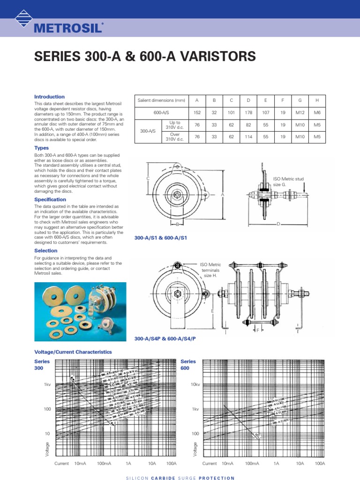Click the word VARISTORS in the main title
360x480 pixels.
tap(219, 57)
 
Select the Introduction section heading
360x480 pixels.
tap(50, 97)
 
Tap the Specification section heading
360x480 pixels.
tap(50, 199)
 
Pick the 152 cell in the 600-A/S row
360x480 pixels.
tap(197, 113)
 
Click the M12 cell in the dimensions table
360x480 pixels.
tap(300, 113)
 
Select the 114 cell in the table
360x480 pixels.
tap(248, 136)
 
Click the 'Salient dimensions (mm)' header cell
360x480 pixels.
tap(161, 101)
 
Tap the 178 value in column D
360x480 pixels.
tap(248, 113)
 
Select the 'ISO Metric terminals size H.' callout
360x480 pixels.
tap(210, 270)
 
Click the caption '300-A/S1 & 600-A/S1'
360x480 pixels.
tap(161, 238)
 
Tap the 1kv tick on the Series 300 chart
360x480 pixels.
tap(47, 384)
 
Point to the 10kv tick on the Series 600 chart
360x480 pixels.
tap(196, 384)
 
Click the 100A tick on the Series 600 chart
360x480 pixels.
tap(320, 463)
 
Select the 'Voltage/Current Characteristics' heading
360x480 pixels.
tap(73, 351)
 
